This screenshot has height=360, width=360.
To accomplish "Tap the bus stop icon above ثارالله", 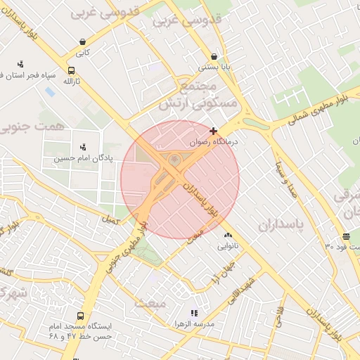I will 72,71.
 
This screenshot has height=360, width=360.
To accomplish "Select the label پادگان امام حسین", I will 83,159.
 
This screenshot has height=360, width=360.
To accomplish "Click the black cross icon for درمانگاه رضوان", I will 213,131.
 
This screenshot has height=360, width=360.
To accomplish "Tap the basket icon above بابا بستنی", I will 214,57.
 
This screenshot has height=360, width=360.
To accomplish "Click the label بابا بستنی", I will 214,67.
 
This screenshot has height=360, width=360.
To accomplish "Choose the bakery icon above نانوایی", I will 227,236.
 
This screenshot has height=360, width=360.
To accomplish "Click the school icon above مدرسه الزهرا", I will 194,313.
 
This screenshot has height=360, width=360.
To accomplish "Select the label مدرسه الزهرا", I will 194,324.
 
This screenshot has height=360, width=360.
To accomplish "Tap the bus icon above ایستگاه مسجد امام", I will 81,316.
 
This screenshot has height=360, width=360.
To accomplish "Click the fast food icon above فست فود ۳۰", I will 346,236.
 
